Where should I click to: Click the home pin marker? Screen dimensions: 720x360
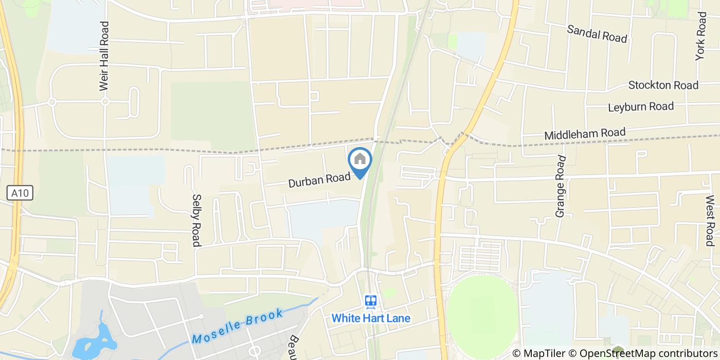coord(360,160)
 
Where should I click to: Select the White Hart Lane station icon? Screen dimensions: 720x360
coord(370,302)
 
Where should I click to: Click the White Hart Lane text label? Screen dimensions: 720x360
coord(371,318)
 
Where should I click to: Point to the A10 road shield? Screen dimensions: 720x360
coord(21,193)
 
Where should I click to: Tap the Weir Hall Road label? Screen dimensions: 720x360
coord(105,57)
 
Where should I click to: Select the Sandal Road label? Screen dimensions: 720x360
coord(597,33)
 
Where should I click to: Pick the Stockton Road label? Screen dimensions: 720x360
coord(663,85)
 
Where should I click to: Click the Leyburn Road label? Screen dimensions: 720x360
coord(640,107)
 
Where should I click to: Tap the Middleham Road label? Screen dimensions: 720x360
coord(585,134)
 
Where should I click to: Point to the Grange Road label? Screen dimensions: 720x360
coord(561,186)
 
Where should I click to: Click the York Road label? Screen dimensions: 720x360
coord(701,36)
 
